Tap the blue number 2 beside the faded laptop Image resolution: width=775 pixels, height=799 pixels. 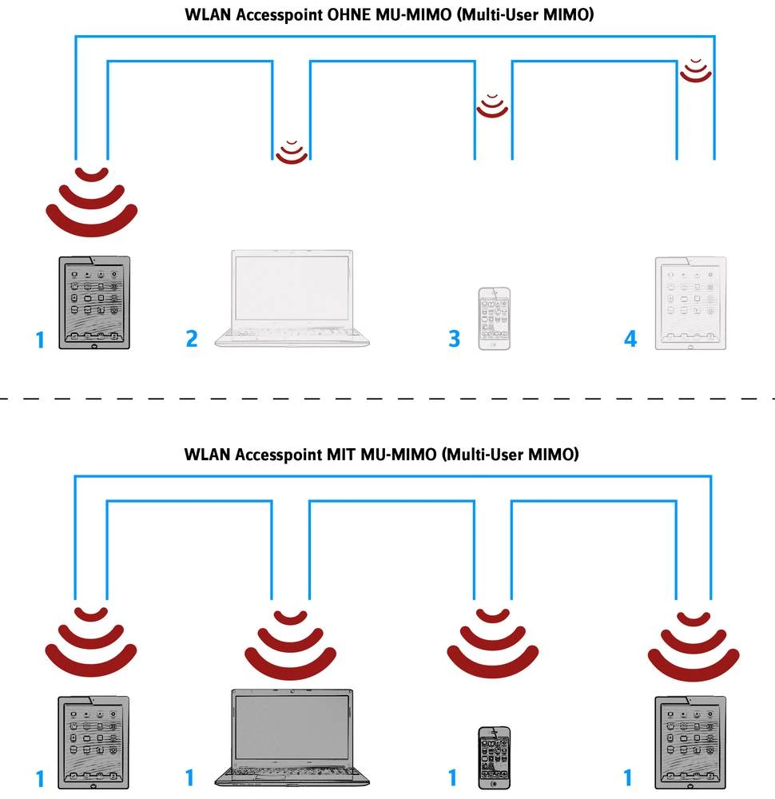pos(192,338)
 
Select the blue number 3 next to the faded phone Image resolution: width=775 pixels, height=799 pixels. pos(454,339)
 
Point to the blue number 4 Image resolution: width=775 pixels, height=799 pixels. pos(630,339)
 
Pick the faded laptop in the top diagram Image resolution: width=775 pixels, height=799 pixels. pos(294,297)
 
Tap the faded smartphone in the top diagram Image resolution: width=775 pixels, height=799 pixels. pos(494,317)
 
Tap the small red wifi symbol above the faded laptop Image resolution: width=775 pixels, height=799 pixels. pos(291,150)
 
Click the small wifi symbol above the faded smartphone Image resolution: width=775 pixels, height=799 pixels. pos(492,105)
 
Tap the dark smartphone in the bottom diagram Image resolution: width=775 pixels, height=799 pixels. pos(494,757)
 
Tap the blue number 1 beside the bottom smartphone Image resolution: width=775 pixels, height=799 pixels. pos(452,777)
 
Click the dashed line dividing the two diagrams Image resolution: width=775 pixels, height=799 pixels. pos(387,398)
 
